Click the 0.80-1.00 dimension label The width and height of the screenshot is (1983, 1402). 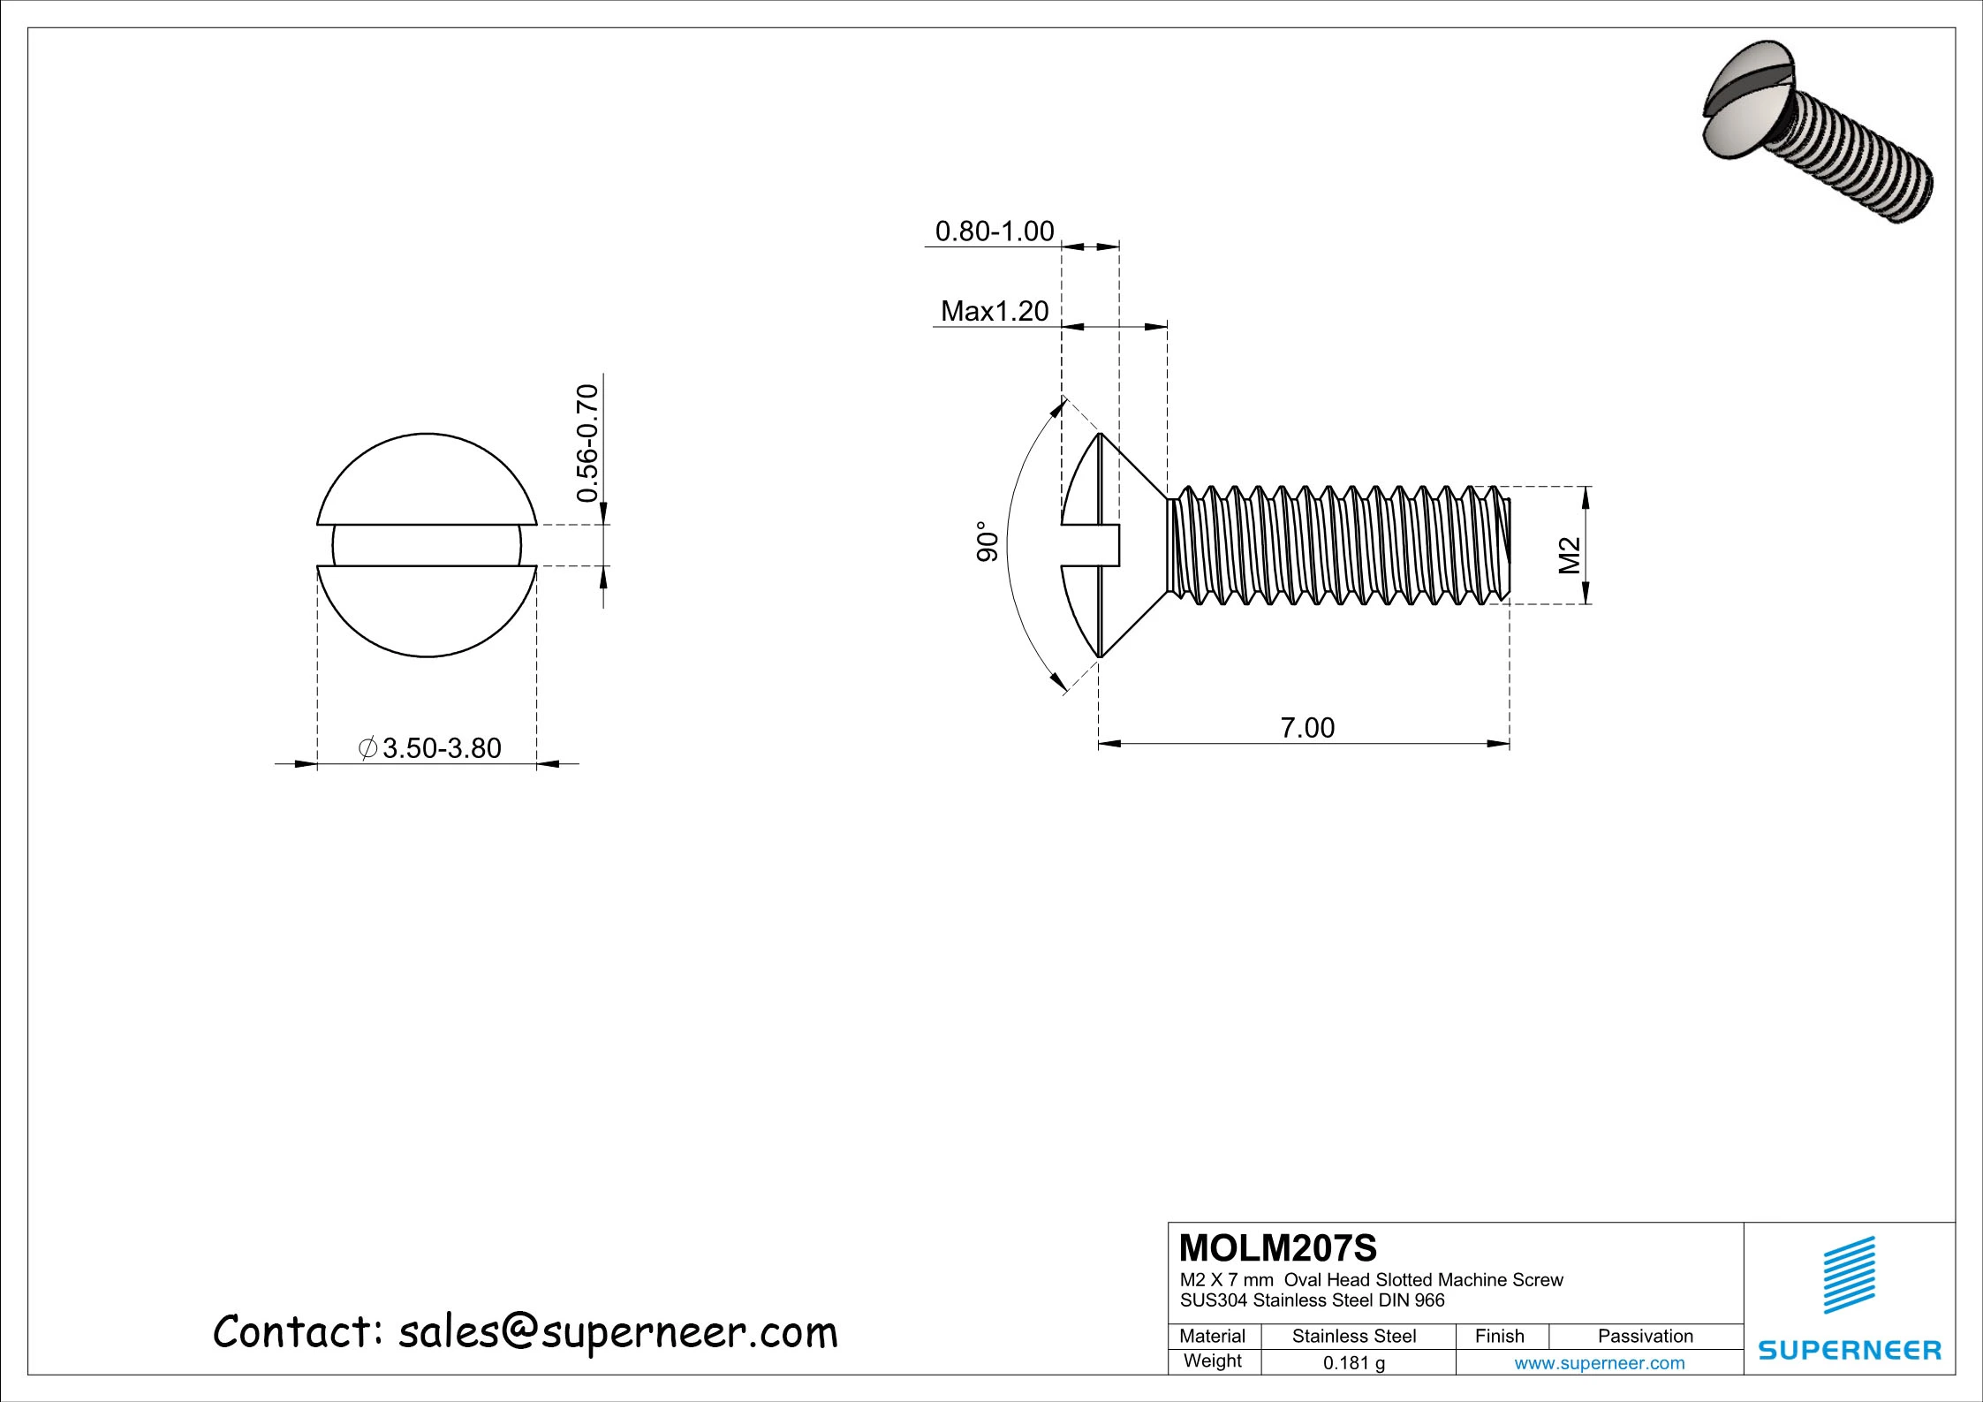(x=994, y=231)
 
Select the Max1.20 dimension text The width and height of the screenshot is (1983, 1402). (x=994, y=311)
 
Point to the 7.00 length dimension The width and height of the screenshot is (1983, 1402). (x=1307, y=728)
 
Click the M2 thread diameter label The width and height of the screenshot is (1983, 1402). (x=1569, y=556)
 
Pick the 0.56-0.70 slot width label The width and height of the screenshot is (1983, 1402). (x=587, y=443)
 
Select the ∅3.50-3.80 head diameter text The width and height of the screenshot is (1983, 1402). (x=430, y=748)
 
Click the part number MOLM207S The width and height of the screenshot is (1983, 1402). (x=1277, y=1248)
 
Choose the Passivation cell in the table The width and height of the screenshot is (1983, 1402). (x=1645, y=1337)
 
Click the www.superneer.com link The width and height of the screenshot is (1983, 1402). (x=1599, y=1363)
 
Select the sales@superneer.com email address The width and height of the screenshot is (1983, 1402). (x=617, y=1332)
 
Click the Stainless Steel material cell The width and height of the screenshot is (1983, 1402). (x=1353, y=1337)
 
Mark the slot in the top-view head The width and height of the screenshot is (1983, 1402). (x=427, y=545)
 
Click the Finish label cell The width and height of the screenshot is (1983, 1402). (x=1499, y=1337)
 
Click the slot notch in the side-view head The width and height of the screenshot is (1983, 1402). (x=1092, y=545)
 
